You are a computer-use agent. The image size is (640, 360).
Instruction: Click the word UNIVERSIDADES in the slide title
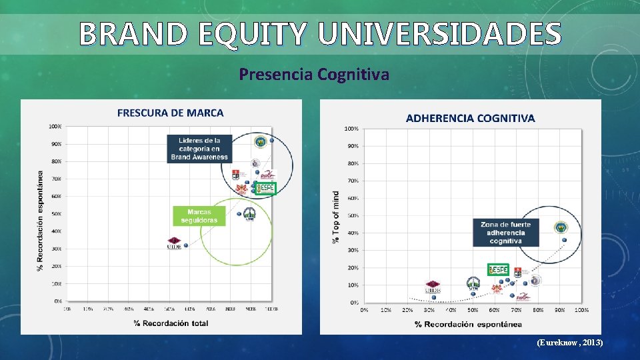coord(440,33)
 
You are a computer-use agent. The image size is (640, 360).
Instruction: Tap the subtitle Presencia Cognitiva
coord(314,74)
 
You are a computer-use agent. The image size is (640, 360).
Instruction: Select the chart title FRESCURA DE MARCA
coord(171,113)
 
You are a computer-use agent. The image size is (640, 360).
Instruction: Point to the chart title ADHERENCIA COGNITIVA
coord(470,118)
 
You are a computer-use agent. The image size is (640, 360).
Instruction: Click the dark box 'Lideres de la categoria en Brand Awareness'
coord(199,149)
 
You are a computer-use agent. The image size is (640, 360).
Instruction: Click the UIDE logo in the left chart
coord(174,243)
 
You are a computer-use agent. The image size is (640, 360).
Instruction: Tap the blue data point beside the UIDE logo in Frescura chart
coord(186,245)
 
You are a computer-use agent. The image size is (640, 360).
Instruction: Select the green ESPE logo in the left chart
coord(266,188)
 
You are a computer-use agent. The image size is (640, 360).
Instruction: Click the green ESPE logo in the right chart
coord(498,269)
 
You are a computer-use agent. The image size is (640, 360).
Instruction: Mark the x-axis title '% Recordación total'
coord(171,323)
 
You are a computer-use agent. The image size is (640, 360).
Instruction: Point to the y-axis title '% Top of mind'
coord(335,217)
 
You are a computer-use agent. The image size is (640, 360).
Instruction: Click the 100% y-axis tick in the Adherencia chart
coord(351,128)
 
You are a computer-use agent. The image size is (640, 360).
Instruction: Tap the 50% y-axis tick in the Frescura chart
coord(56,214)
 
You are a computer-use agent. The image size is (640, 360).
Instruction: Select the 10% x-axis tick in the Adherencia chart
coord(385,310)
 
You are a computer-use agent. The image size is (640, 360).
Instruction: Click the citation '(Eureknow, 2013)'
coord(570,342)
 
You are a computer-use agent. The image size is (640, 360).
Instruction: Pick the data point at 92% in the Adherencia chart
coord(565,240)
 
